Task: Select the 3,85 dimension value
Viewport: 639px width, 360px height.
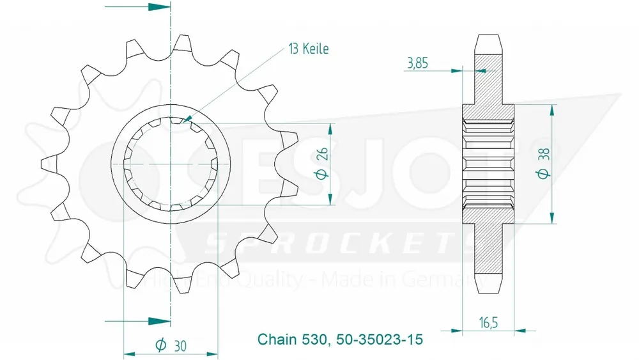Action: coord(417,63)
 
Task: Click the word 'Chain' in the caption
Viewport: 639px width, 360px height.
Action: coord(275,339)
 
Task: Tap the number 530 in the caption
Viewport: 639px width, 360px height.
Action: coord(315,339)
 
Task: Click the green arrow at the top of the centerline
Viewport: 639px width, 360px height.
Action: coord(160,8)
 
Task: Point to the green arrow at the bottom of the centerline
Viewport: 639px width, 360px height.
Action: coord(160,320)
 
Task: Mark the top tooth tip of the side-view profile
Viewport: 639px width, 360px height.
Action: coord(488,38)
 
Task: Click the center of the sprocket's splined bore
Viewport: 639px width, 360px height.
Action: coord(171,164)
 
